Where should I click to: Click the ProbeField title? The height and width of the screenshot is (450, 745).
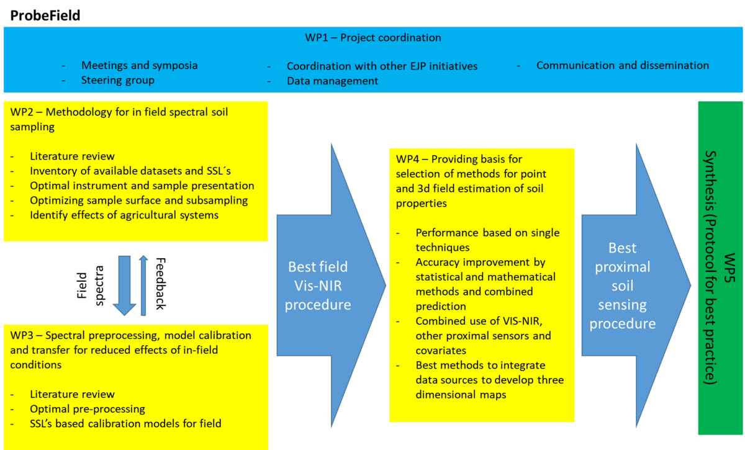click(x=45, y=16)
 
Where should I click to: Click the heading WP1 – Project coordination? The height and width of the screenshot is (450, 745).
click(x=373, y=38)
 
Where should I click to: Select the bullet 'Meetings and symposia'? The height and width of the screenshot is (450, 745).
click(x=139, y=66)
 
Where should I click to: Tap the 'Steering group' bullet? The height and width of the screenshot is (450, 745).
click(x=118, y=80)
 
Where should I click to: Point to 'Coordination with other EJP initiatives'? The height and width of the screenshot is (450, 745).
click(x=382, y=66)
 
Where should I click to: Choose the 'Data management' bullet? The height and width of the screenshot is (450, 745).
click(x=333, y=81)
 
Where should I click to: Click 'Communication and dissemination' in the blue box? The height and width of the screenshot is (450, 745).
click(x=623, y=66)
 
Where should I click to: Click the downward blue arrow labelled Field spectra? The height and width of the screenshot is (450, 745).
click(x=124, y=286)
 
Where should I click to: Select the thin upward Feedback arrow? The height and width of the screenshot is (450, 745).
click(x=143, y=286)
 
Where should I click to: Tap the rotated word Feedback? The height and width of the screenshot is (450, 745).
click(x=161, y=284)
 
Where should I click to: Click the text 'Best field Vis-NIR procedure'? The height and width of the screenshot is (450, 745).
click(x=318, y=286)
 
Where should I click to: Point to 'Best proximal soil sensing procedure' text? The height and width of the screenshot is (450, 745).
click(x=623, y=286)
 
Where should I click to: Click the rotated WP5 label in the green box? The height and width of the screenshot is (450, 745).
click(x=729, y=268)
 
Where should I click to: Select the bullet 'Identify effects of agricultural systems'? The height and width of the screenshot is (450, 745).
click(x=124, y=215)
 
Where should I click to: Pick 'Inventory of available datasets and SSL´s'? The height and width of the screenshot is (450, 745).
click(x=130, y=171)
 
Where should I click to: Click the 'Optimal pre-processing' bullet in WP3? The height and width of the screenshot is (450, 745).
click(x=88, y=409)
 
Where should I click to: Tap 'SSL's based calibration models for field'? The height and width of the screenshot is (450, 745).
click(x=125, y=423)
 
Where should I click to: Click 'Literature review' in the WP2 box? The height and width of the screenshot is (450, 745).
click(x=72, y=156)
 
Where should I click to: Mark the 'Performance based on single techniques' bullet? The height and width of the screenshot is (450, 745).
click(x=487, y=240)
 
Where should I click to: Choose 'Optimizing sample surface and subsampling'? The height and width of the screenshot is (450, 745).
click(x=138, y=200)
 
